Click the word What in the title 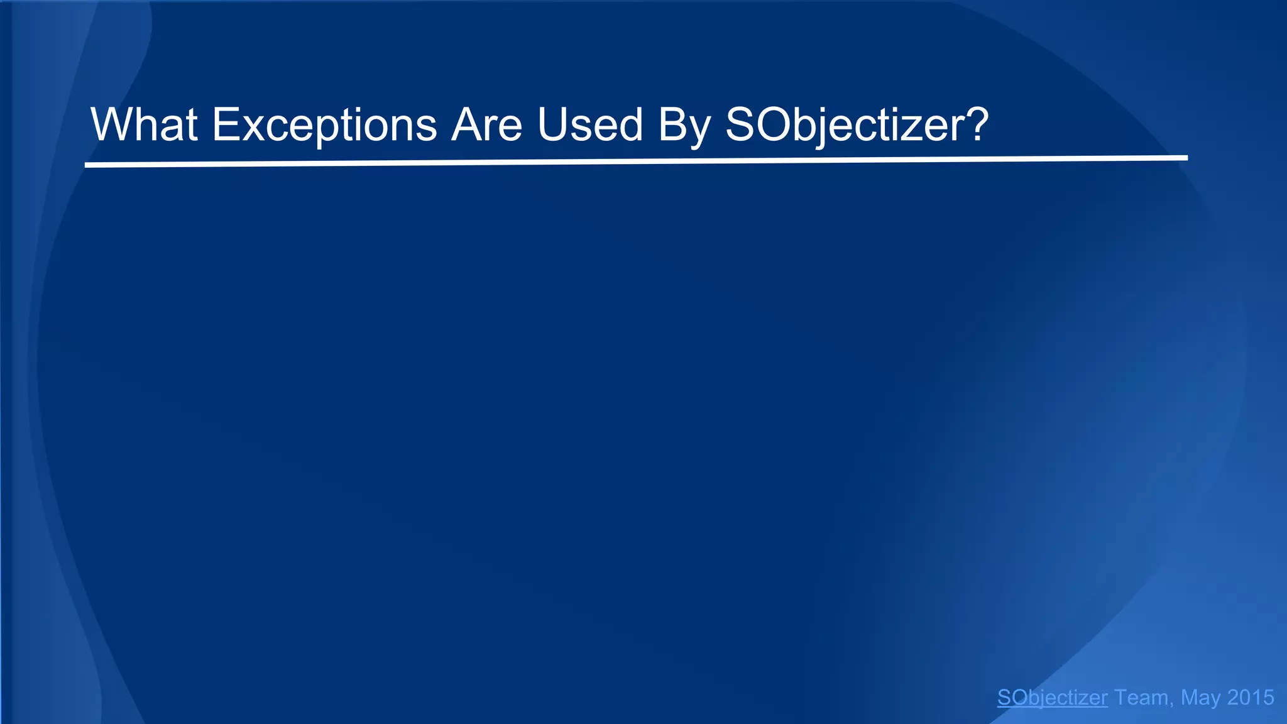(x=145, y=124)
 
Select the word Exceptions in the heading (x=324, y=124)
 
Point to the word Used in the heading (x=590, y=124)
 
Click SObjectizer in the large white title (x=842, y=124)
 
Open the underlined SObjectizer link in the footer (x=1052, y=698)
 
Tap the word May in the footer (x=1200, y=698)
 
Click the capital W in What (x=111, y=124)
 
